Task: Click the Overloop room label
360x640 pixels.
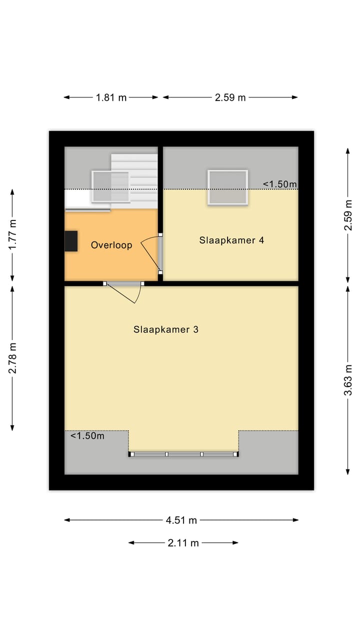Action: point(111,245)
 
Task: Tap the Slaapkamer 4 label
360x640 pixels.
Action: point(231,240)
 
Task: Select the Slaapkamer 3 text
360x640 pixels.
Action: point(166,329)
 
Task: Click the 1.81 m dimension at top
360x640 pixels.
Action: point(111,97)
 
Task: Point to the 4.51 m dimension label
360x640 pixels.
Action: point(181,520)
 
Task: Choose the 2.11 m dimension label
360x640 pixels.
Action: point(183,542)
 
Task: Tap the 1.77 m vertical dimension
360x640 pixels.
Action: point(12,234)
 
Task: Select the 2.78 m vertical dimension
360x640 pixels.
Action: point(12,357)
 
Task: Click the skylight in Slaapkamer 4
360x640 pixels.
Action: point(228,187)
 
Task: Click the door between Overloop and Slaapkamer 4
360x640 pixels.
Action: point(159,253)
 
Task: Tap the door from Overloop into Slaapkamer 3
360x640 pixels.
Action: point(123,284)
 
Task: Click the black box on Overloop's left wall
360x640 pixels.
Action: point(71,241)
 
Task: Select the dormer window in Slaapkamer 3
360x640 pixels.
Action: point(183,454)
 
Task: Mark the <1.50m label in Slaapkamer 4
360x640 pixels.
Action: point(279,184)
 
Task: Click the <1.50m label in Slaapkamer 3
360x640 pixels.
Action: point(87,436)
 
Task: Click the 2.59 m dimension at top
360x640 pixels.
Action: point(230,97)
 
